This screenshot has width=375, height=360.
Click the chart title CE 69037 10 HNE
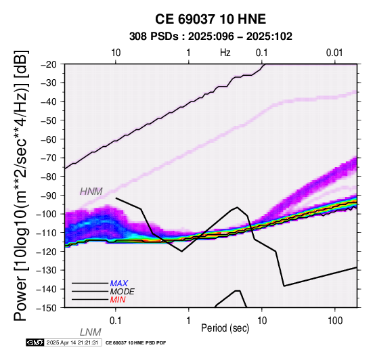(211, 19)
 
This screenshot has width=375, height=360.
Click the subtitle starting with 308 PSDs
(211, 37)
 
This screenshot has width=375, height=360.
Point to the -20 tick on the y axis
(49, 64)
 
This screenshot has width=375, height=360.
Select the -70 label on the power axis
(49, 158)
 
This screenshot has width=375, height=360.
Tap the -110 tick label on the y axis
(47, 233)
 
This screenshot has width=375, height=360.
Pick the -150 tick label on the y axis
(47, 308)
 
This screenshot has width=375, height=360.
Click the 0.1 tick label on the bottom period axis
(116, 321)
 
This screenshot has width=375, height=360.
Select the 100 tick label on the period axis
(335, 321)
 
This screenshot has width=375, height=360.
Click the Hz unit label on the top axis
(225, 53)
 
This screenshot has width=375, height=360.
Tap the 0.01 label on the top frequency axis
(334, 53)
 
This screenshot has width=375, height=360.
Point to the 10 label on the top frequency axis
(116, 53)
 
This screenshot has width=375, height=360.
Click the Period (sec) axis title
(225, 328)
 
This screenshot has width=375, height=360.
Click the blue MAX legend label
(119, 284)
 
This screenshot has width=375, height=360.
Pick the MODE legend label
(123, 292)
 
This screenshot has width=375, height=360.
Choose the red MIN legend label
(118, 300)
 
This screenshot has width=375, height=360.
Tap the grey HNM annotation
(91, 192)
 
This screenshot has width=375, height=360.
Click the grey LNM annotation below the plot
(91, 332)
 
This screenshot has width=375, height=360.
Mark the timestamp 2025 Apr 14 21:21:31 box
(72, 342)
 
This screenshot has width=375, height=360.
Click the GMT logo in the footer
(35, 342)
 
